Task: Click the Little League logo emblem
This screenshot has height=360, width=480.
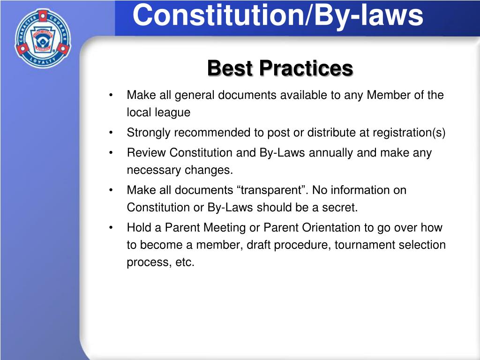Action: coord(43,38)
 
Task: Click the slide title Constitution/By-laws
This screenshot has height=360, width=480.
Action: coord(277,15)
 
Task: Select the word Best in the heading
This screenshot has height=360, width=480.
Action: coord(230,68)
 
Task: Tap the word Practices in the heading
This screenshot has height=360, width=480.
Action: coord(306,68)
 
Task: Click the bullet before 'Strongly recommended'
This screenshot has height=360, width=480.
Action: coord(111,133)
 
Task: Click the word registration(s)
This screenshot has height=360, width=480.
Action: coord(409,133)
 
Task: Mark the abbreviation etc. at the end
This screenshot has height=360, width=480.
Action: coord(185,262)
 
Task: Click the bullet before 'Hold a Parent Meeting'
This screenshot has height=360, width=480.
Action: coord(111,227)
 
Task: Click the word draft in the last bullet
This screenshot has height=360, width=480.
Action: coord(258,245)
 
